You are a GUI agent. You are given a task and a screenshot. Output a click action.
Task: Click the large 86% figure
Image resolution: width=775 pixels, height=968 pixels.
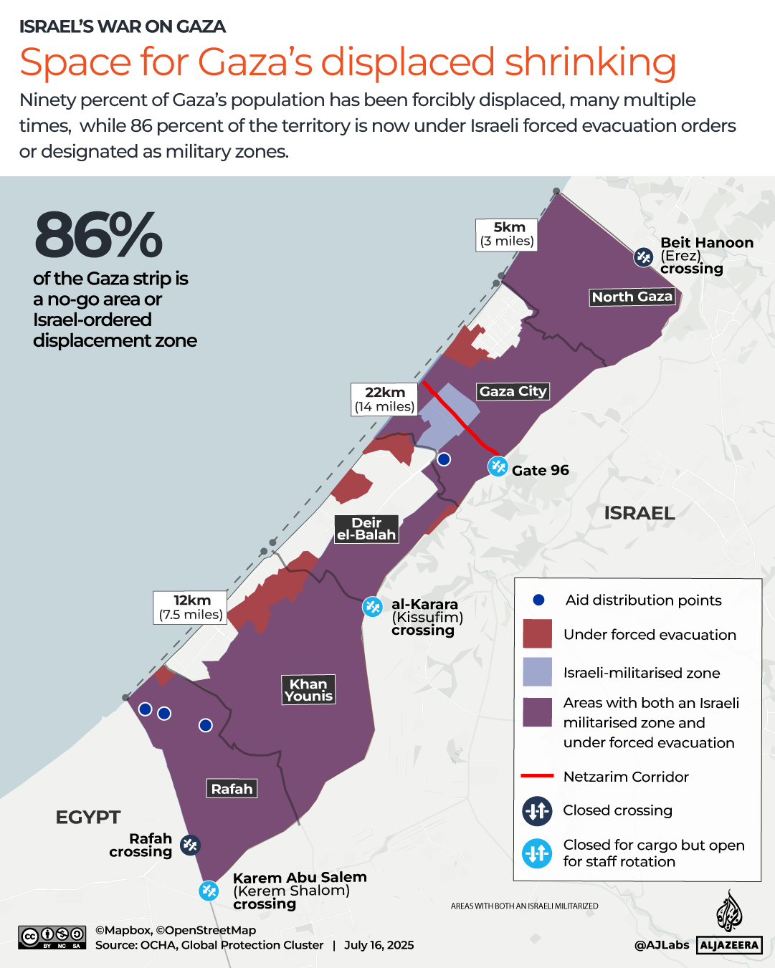coord(98,235)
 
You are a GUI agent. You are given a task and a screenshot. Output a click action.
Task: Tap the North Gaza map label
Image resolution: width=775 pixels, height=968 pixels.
coord(632,297)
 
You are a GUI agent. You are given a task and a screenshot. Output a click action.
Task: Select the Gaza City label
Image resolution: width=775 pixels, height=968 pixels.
coord(513,391)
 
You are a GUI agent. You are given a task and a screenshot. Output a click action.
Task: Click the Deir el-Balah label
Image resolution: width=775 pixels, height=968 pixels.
coord(366,529)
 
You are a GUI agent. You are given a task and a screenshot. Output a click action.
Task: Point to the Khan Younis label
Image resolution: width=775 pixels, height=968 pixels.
coord(308,690)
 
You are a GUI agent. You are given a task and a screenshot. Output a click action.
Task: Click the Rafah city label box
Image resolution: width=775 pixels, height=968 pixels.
coord(232,789)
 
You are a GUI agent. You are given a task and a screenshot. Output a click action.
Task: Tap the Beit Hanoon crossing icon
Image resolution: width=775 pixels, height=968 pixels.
coord(643,257)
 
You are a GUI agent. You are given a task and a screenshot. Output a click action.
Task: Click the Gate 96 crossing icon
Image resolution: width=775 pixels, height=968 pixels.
coord(498,466)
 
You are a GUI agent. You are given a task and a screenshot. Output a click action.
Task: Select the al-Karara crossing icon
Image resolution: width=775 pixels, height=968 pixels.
coord(372,607)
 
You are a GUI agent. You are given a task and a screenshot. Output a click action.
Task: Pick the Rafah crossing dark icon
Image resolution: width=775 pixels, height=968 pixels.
coord(190,845)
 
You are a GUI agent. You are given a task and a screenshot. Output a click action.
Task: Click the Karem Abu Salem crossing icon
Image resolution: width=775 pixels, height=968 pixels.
coord(209,891)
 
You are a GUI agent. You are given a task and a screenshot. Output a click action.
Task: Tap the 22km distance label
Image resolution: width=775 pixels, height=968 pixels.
coord(385,399)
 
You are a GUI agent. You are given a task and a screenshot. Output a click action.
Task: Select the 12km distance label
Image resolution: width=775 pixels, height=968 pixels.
coord(191,608)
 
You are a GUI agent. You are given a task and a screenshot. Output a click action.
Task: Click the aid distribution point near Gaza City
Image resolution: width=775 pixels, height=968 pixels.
coord(444,459)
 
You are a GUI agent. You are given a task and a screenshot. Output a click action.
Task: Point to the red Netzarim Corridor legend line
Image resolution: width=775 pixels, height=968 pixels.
coord(537,776)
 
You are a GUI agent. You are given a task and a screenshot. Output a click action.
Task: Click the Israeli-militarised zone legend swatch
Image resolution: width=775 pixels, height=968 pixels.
coord(537,672)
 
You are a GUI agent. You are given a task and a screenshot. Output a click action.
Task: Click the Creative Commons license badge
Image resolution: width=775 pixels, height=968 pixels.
coord(52,937)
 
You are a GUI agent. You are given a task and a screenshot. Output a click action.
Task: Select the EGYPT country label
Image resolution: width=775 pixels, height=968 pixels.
coord(88,818)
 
